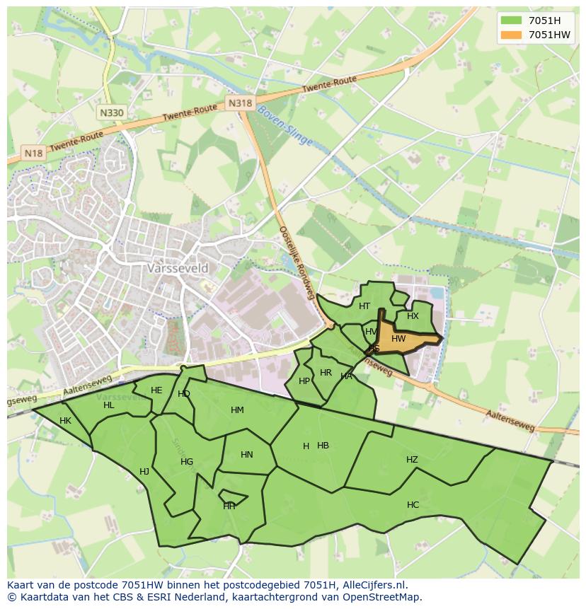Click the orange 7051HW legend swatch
tap(510, 35)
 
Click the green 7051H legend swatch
tap(510, 20)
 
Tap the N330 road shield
tap(112, 112)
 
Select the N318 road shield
tap(240, 103)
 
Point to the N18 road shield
tap(33, 153)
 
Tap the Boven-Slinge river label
tap(285, 125)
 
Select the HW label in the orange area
tap(398, 339)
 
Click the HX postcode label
tap(413, 316)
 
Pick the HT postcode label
tap(364, 306)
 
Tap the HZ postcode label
tap(412, 460)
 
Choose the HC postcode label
tap(413, 505)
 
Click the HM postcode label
tap(237, 410)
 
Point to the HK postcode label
tap(65, 421)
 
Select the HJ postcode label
tap(144, 472)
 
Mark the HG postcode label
tap(187, 462)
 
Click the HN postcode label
tap(246, 455)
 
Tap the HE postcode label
tap(156, 390)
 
